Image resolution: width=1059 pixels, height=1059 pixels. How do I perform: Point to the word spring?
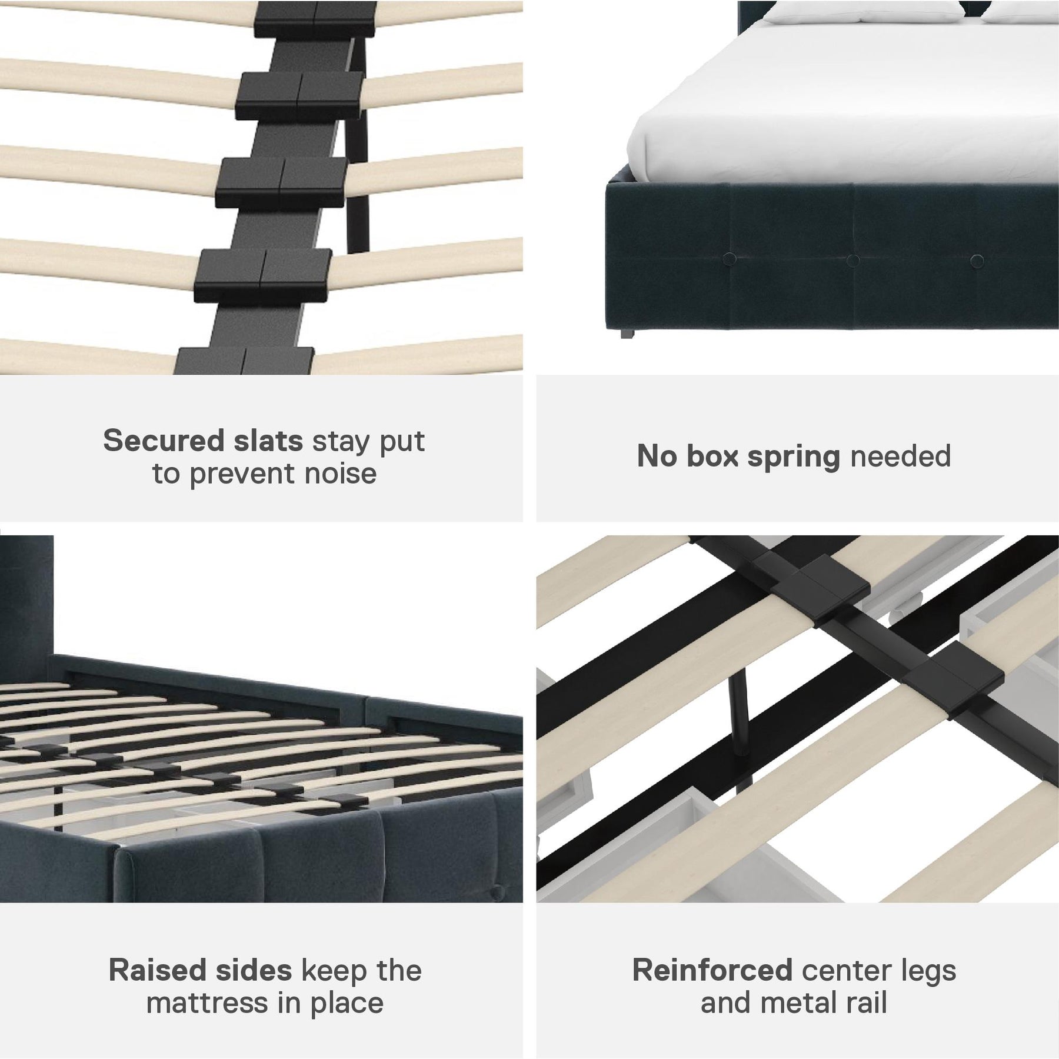click(x=794, y=457)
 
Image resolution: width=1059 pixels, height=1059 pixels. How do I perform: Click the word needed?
click(x=900, y=456)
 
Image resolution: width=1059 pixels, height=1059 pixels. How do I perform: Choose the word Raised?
click(x=157, y=971)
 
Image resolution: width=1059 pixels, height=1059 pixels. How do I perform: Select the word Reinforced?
click(x=712, y=971)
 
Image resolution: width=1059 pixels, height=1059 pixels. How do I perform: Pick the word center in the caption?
click(x=846, y=972)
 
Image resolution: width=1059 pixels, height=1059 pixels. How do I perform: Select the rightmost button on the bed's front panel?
click(x=977, y=261)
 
